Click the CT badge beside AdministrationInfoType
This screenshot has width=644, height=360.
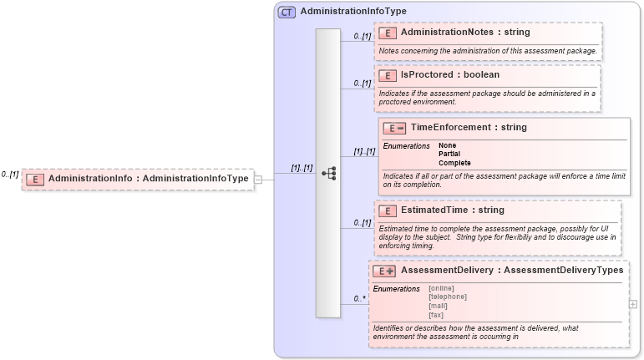pyautogui.click(x=287, y=13)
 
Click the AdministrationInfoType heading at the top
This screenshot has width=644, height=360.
pyautogui.click(x=353, y=13)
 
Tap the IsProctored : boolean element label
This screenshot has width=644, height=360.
pyautogui.click(x=450, y=75)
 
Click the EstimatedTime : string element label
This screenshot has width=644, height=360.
pyautogui.click(x=453, y=210)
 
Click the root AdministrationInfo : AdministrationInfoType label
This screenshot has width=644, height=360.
pyautogui.click(x=149, y=179)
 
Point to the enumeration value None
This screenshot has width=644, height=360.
pyautogui.click(x=448, y=146)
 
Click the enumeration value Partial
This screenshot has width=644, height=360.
pyautogui.click(x=450, y=155)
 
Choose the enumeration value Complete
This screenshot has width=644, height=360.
pyautogui.click(x=454, y=163)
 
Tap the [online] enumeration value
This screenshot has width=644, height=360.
pyautogui.click(x=441, y=288)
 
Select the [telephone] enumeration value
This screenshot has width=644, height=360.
pyautogui.click(x=447, y=297)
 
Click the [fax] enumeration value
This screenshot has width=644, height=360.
pyautogui.click(x=435, y=315)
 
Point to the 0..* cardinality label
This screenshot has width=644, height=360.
pyautogui.click(x=359, y=298)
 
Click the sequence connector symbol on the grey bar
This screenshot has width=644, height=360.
pyautogui.click(x=328, y=173)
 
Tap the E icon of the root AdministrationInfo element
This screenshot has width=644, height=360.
pyautogui.click(x=34, y=179)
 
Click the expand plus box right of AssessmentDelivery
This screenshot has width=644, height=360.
pyautogui.click(x=632, y=304)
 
